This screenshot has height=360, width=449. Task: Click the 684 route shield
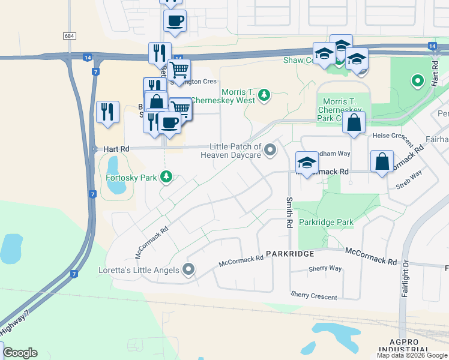(69, 36)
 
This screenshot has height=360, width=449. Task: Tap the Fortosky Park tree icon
(166, 177)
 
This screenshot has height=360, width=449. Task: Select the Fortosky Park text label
(130, 177)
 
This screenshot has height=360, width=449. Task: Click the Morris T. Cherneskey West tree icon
(263, 95)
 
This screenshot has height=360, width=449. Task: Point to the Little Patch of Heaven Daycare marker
(270, 150)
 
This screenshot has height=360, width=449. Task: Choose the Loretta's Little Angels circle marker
(189, 269)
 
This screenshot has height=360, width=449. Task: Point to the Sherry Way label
(325, 269)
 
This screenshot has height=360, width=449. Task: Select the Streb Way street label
(408, 181)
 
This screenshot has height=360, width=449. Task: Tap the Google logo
(20, 353)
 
